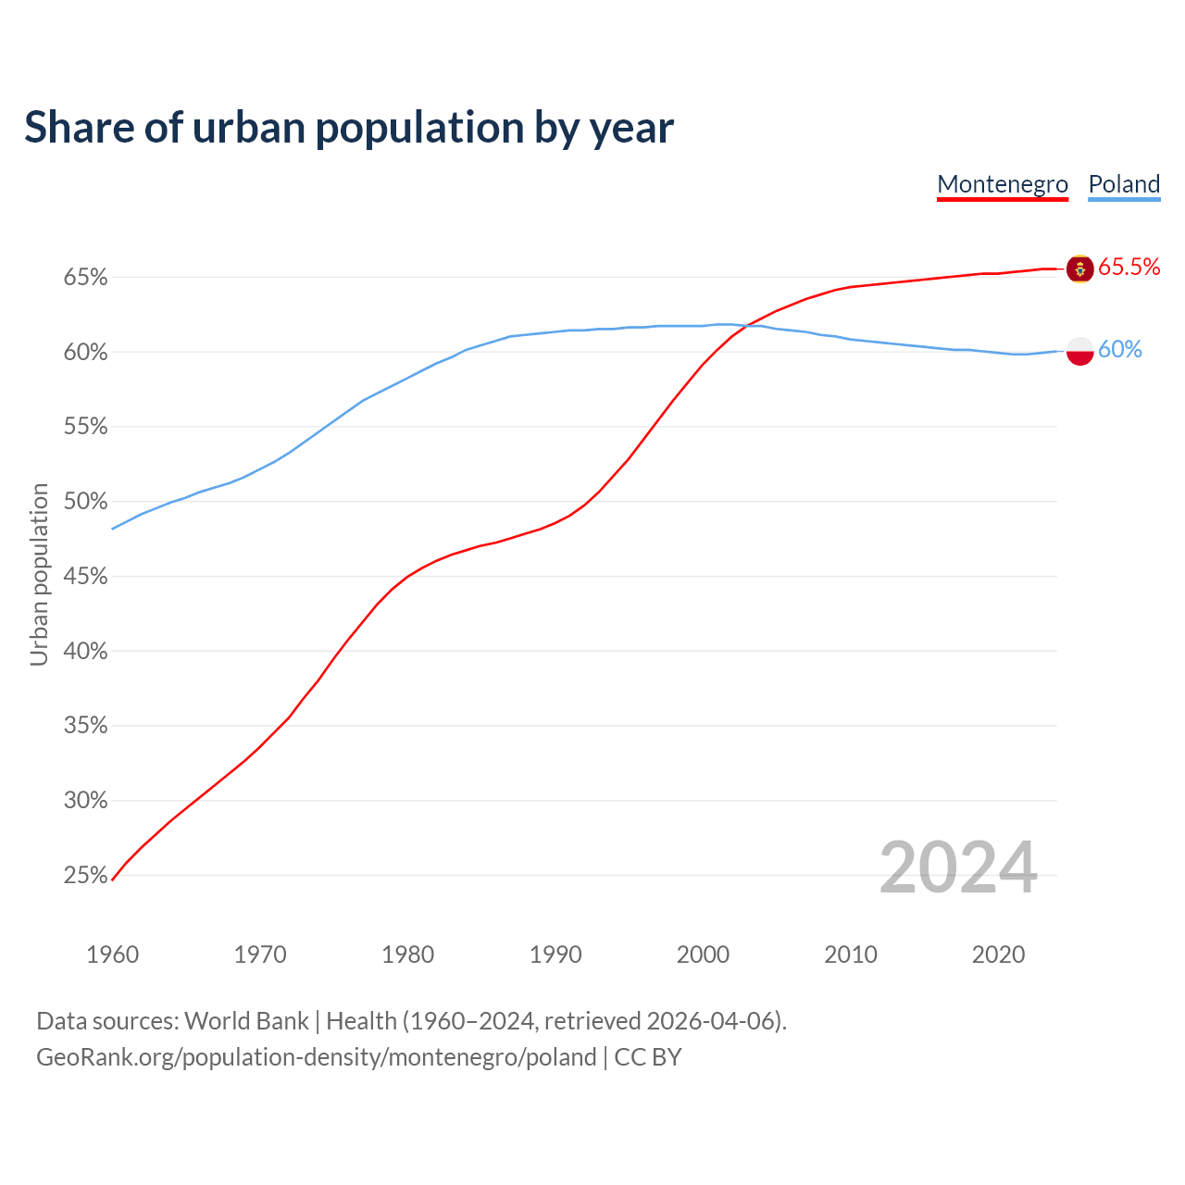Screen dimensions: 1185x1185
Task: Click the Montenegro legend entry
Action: tap(1003, 184)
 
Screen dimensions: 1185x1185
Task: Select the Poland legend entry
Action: tap(1124, 184)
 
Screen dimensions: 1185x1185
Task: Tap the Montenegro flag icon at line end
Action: tap(1079, 268)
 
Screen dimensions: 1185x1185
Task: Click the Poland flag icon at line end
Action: tap(1079, 351)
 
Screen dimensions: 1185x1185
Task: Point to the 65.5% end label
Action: tap(1129, 268)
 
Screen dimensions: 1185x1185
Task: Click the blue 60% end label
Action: tap(1119, 350)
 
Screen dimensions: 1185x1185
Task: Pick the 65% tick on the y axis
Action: tap(86, 278)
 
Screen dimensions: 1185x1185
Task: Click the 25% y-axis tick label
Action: tap(86, 876)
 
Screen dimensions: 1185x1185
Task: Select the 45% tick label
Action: tap(86, 577)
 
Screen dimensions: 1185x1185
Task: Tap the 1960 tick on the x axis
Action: tap(112, 954)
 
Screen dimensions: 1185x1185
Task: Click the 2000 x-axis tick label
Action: tap(703, 954)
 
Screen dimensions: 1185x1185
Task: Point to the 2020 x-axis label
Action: tap(998, 954)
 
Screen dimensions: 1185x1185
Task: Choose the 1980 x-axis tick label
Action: tap(407, 954)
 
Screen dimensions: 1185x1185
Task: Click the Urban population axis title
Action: tap(39, 574)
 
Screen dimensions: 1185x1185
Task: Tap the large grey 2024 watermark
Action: tap(958, 867)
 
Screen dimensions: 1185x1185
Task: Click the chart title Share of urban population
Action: tap(349, 127)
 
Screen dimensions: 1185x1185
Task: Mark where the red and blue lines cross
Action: tap(746, 325)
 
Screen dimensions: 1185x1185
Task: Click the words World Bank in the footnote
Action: tap(246, 1021)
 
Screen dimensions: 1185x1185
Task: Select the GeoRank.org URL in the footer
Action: tap(316, 1057)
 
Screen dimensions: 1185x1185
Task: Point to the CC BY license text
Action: tap(648, 1057)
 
